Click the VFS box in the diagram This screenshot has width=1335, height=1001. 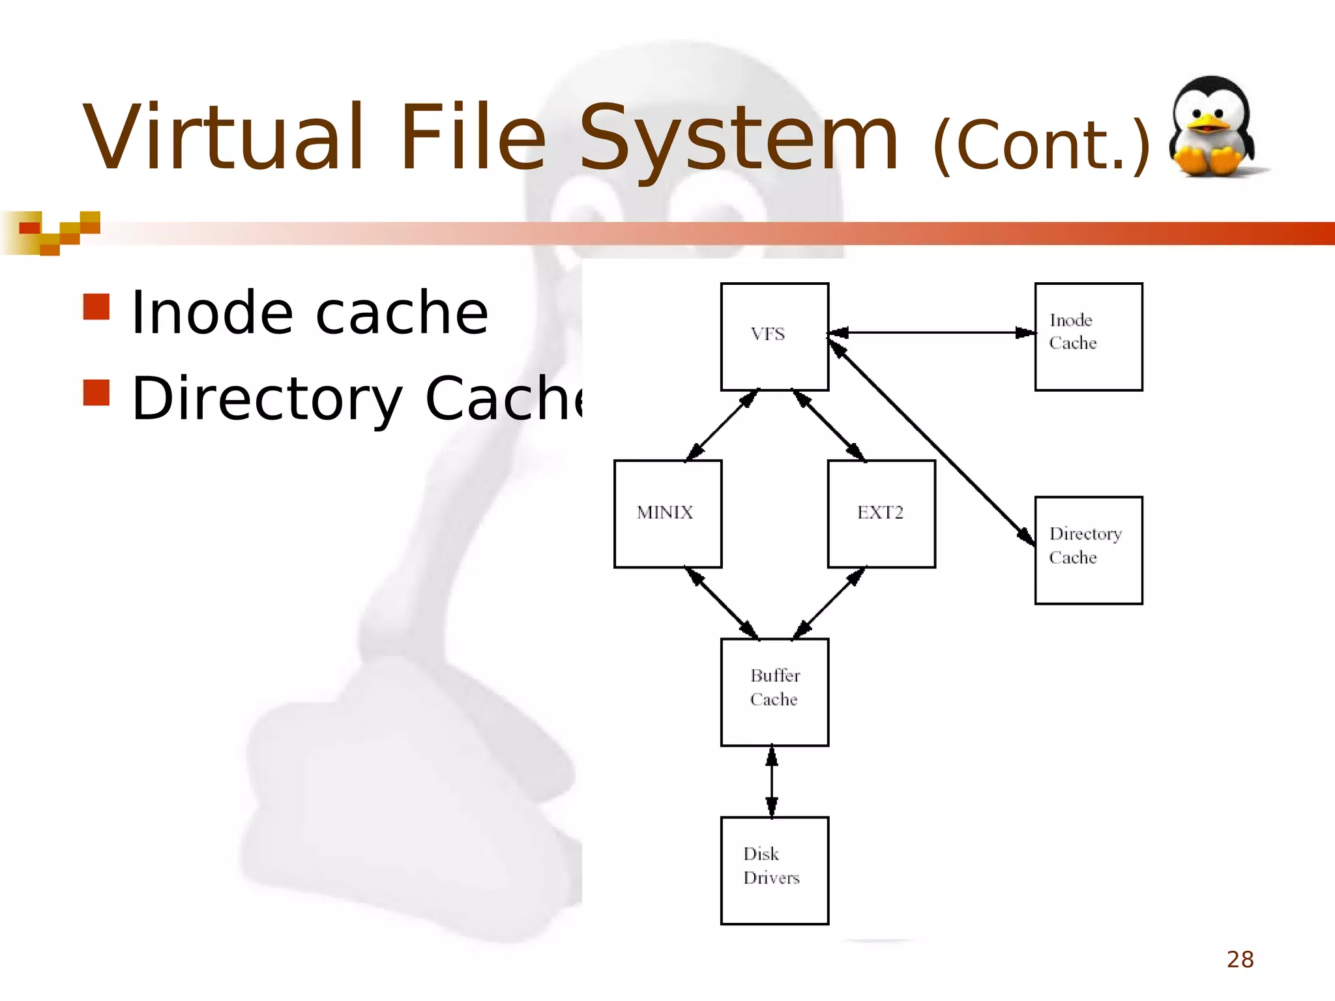point(774,336)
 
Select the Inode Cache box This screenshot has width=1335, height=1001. point(1089,336)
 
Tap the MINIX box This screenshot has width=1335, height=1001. point(667,514)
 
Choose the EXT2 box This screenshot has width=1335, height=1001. point(881,514)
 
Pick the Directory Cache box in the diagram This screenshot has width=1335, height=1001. point(1089,550)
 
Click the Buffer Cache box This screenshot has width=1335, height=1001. point(774,691)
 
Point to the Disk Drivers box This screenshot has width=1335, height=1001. point(774,870)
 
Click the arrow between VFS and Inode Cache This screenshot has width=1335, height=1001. point(932,333)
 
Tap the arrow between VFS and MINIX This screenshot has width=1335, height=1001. point(722,426)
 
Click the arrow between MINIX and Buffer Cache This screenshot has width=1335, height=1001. point(722,603)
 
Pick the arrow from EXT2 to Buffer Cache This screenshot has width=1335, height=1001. point(829,603)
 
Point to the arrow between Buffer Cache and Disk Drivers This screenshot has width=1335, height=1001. point(772,781)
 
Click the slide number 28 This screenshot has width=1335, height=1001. point(1240,959)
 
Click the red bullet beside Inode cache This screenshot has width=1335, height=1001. point(96,307)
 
